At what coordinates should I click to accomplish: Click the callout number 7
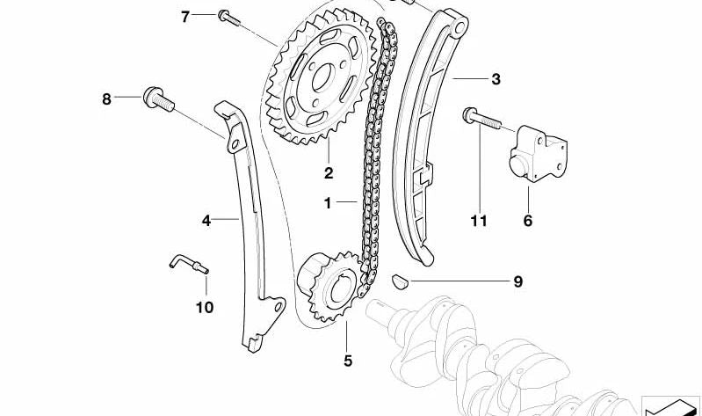click(185, 18)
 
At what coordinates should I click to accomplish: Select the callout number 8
click(106, 99)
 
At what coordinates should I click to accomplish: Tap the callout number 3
click(496, 79)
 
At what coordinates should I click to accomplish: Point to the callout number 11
click(479, 221)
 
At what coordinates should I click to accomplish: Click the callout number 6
click(528, 221)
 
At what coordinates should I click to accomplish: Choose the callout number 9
click(518, 281)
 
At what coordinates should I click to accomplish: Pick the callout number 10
click(205, 308)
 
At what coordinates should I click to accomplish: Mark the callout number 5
click(348, 361)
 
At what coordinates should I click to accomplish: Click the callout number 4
click(206, 221)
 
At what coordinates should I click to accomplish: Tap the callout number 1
click(328, 203)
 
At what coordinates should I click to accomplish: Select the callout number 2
click(329, 173)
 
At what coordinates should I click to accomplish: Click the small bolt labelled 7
click(228, 18)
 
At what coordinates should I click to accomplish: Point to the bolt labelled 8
click(158, 100)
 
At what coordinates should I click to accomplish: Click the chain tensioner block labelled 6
click(538, 154)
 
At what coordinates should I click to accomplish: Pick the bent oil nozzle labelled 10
click(189, 264)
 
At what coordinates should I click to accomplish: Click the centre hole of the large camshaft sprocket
click(322, 78)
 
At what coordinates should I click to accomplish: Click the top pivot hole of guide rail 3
click(459, 27)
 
